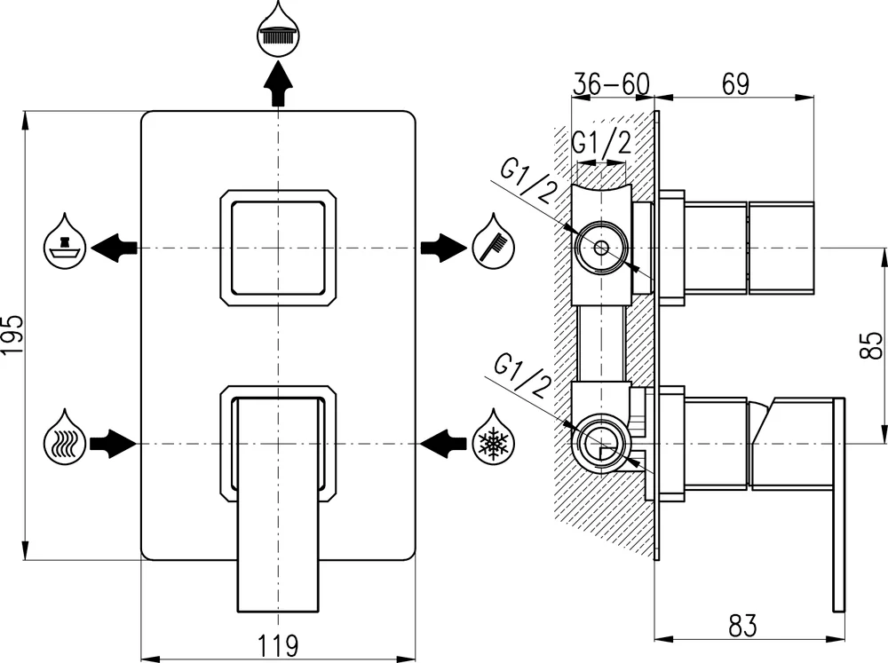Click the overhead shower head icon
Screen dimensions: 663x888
279,32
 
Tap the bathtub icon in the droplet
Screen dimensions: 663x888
66,242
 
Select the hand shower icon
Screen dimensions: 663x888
494,241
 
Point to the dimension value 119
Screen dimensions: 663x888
279,645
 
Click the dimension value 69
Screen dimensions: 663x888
735,83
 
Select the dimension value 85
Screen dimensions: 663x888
872,344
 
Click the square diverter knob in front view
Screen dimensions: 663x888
279,247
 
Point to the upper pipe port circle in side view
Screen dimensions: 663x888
601,248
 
